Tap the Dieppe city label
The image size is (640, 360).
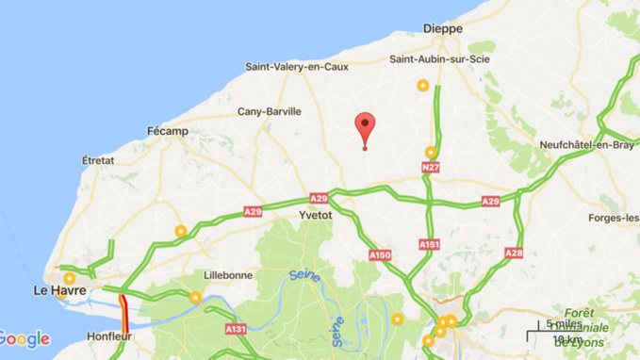click(x=443, y=29)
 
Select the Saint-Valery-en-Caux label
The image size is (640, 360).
click(x=297, y=67)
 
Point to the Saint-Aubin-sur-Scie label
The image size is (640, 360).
click(x=438, y=61)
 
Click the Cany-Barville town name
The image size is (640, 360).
click(x=270, y=111)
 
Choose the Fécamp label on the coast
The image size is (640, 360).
click(x=168, y=130)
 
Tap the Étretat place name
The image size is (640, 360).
click(x=98, y=160)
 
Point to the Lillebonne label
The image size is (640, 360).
click(x=228, y=275)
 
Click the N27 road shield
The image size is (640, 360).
click(x=431, y=168)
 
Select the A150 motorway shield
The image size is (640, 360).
click(x=380, y=254)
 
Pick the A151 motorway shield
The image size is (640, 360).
click(x=430, y=244)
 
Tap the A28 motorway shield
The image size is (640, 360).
click(x=514, y=253)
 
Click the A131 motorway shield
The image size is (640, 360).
click(x=236, y=329)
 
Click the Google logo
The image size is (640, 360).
click(x=25, y=339)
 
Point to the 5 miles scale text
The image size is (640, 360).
click(x=564, y=324)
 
